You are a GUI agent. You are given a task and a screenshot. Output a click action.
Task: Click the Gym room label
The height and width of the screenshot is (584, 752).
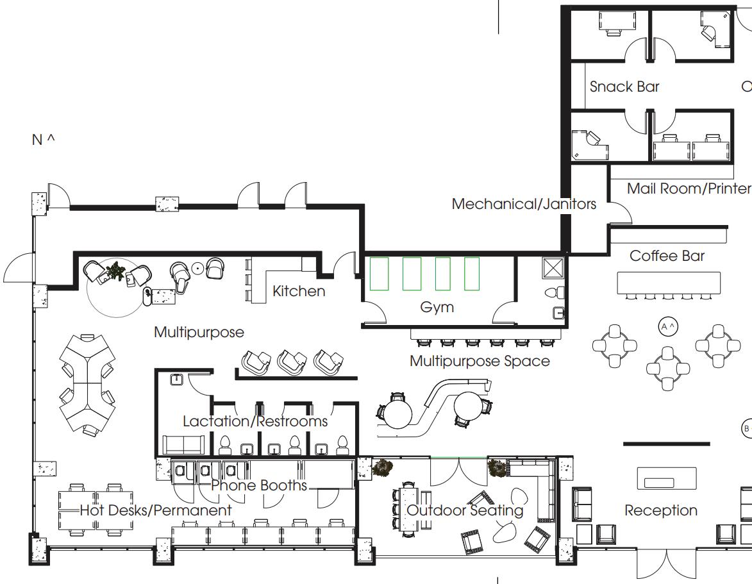click(x=437, y=307)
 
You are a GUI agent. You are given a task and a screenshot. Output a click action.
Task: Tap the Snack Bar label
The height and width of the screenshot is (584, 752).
click(x=624, y=87)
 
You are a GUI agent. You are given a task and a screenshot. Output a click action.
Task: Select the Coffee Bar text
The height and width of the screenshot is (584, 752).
click(x=667, y=256)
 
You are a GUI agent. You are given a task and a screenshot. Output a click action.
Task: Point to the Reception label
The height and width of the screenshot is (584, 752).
click(x=661, y=511)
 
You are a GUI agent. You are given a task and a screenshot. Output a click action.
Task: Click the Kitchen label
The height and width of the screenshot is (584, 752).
click(x=299, y=291)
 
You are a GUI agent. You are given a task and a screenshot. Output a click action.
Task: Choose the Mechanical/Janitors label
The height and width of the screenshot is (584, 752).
click(x=524, y=204)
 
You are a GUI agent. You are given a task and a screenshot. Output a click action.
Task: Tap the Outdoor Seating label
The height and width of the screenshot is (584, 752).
click(x=465, y=510)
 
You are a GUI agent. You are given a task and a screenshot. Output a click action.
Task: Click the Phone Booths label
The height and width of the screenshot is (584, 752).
click(x=259, y=485)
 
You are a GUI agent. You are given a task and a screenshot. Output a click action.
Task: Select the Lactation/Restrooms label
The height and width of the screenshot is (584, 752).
click(x=255, y=421)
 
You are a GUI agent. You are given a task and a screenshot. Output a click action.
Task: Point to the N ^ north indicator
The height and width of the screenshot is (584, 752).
click(x=43, y=140)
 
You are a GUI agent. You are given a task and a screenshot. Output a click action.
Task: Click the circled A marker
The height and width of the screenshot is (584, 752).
click(x=668, y=327)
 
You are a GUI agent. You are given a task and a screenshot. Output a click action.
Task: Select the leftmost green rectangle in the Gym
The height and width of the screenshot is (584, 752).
click(x=379, y=274)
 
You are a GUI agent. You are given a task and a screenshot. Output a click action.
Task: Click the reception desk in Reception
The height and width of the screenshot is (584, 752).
click(x=667, y=478)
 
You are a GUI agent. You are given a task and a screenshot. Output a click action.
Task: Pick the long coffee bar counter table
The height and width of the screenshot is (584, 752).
click(x=669, y=283)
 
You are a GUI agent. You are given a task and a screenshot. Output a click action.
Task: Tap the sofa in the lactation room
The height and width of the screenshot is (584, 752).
click(x=184, y=444)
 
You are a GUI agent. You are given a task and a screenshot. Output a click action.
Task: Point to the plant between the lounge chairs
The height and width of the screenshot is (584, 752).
click(x=115, y=271)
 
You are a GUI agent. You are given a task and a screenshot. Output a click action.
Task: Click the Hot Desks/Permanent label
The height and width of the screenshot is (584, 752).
click(x=156, y=510)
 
